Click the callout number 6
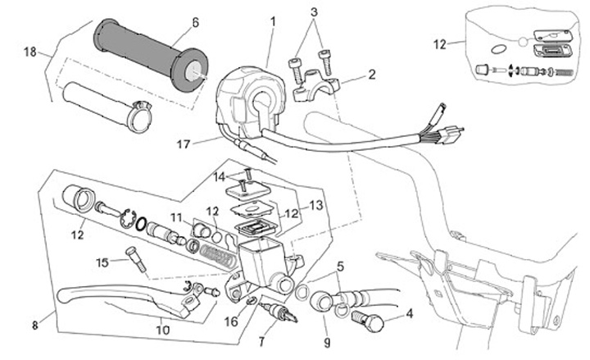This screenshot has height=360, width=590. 196,23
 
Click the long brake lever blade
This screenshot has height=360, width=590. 107,293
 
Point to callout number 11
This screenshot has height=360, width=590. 175,216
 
